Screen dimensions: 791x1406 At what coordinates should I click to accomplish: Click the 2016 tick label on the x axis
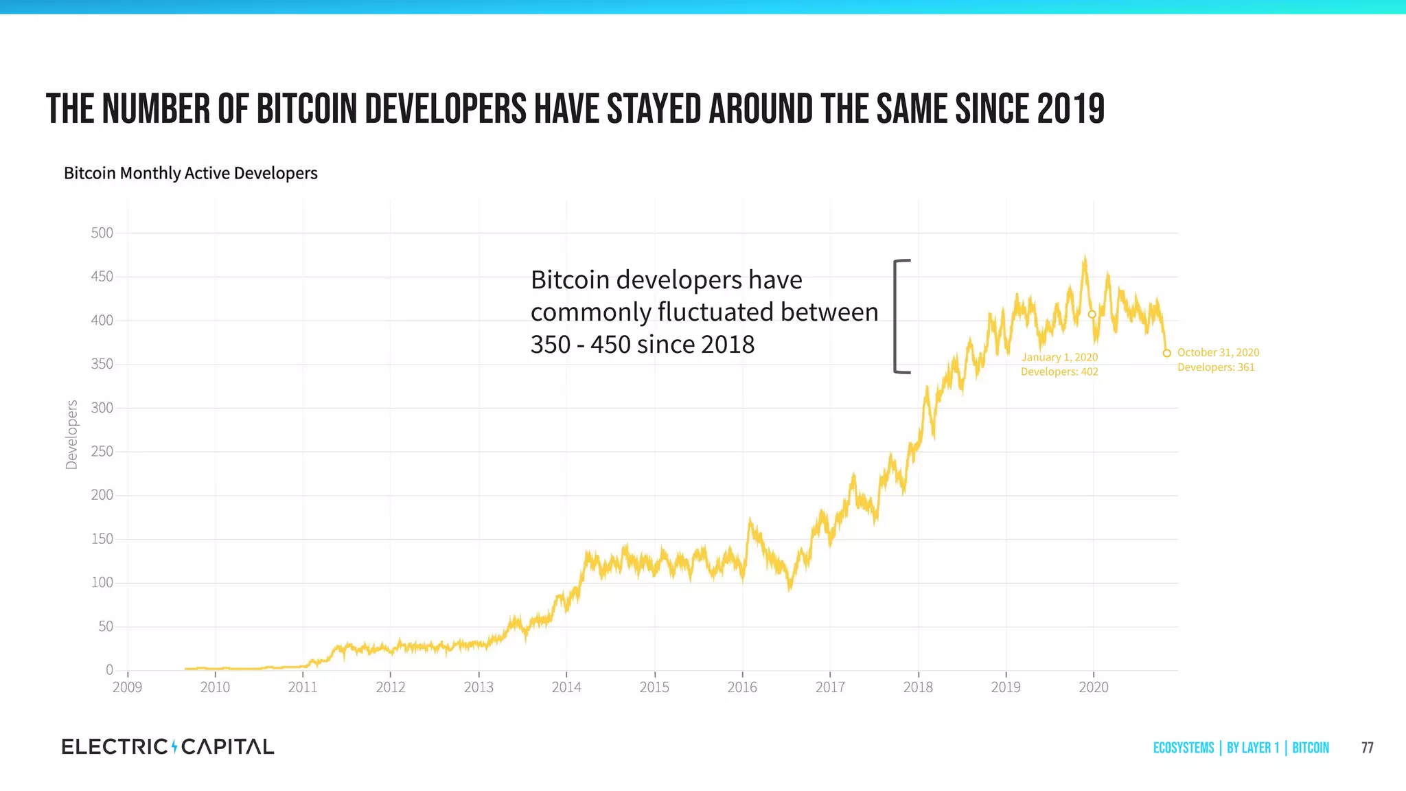742,687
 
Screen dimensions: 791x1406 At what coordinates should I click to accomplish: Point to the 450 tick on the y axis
102,277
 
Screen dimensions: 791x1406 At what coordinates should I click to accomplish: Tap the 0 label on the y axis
109,669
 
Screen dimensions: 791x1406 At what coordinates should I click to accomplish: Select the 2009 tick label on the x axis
127,687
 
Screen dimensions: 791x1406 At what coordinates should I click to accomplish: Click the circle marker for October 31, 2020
1166,354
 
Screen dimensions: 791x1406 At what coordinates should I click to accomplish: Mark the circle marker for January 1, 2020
1092,314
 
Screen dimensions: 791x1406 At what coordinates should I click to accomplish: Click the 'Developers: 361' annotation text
1216,367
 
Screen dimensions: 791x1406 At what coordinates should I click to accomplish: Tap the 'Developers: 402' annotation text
1059,372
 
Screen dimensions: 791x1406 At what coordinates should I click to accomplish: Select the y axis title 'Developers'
71,435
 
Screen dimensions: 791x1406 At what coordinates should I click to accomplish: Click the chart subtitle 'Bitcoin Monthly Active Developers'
190,173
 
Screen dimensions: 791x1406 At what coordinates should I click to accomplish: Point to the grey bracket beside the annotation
896,317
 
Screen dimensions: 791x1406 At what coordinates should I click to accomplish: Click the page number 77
1367,748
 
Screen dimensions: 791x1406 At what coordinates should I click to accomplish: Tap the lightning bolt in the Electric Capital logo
174,746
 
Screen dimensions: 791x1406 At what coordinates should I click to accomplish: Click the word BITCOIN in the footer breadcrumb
1310,748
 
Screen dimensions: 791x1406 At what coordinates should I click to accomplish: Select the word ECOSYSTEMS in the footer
1183,748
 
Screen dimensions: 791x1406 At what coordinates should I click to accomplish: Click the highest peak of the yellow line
1085,258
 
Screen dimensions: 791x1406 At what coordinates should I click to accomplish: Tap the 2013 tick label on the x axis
479,687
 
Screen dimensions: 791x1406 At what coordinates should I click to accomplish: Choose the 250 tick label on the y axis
102,452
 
